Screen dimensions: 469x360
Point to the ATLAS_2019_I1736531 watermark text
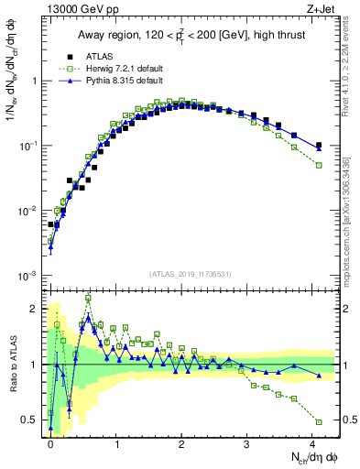189,274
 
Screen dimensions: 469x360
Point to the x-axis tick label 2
181,442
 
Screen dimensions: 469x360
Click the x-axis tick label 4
312,442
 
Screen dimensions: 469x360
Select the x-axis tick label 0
50,442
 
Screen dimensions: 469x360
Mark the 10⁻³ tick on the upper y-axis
27,276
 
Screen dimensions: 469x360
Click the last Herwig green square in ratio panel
319,421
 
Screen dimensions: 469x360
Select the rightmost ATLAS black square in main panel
319,145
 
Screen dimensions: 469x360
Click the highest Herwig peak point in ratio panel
88,298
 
